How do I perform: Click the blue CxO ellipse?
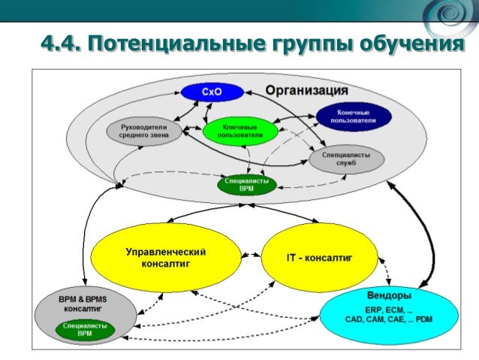tap(212, 92)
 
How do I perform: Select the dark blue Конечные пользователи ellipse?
tap(354, 116)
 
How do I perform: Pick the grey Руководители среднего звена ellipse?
tap(143, 132)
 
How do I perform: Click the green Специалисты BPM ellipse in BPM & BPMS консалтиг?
tap(85, 330)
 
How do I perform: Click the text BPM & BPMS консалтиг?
tap(83, 303)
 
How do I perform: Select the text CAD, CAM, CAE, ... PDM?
tap(389, 319)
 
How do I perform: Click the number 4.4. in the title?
tap(61, 44)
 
